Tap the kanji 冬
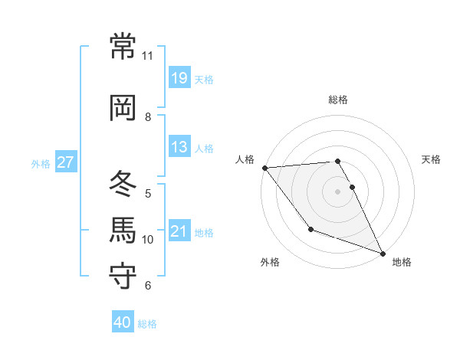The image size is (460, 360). tap(123, 184)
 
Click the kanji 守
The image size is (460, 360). tap(123, 276)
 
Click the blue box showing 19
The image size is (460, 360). tap(179, 78)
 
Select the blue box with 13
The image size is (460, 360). tap(179, 147)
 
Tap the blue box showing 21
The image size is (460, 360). tap(179, 231)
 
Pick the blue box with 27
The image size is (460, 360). tap(66, 162)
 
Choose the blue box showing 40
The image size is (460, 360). tap(123, 322)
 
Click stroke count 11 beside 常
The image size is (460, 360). tap(148, 56)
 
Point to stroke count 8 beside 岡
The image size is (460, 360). tap(148, 117)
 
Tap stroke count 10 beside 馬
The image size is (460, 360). tap(148, 240)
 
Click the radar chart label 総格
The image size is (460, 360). tap(338, 100)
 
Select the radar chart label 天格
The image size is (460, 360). tap(432, 159)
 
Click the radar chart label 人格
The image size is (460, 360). tap(245, 159)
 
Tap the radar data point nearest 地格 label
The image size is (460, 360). tap(383, 253)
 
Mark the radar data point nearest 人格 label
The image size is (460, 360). tap(264, 168)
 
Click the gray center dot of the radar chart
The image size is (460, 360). tap(338, 191)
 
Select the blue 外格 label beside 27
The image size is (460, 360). tap(41, 163)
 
